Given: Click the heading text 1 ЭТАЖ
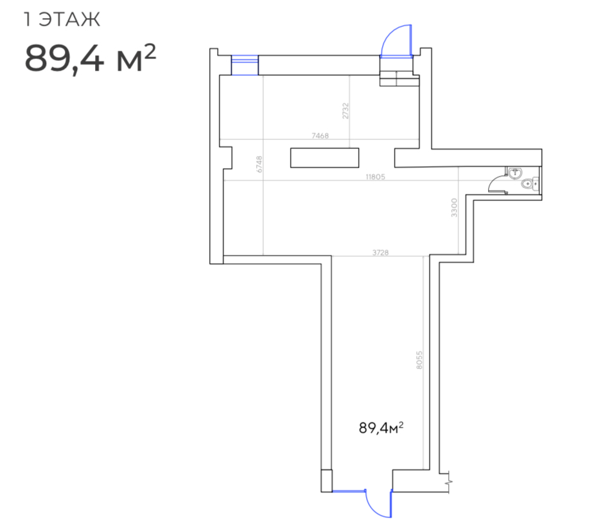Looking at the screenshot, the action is pyautogui.click(x=62, y=19).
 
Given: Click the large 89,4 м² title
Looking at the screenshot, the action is pyautogui.click(x=91, y=58).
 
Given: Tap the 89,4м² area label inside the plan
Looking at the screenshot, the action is pyautogui.click(x=381, y=428).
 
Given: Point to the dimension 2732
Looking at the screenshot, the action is pyautogui.click(x=345, y=111).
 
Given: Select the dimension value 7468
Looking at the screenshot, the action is pyautogui.click(x=320, y=135).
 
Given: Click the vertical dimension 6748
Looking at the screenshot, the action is pyautogui.click(x=259, y=164).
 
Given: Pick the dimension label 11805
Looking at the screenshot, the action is pyautogui.click(x=376, y=177).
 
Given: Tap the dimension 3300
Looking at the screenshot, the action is pyautogui.click(x=454, y=207).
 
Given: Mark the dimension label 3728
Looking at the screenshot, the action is pyautogui.click(x=380, y=252).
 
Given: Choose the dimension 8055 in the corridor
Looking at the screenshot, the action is pyautogui.click(x=419, y=360).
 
